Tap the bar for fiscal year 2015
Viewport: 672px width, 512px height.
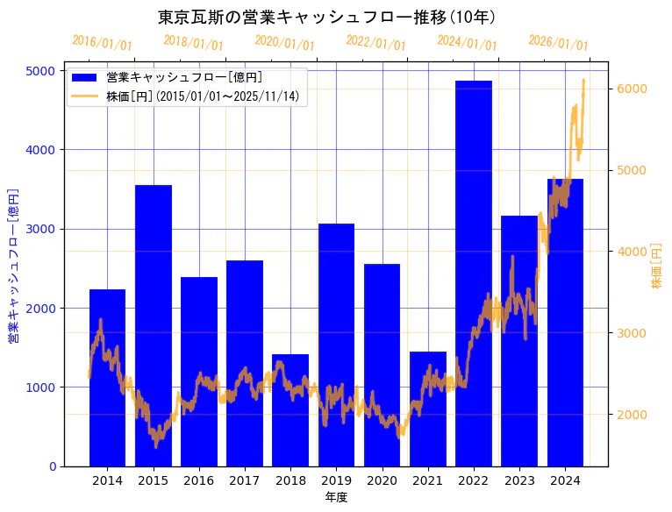tap(154, 325)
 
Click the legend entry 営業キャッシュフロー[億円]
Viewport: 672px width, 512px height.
tap(183, 77)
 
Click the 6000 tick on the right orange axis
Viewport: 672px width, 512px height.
tap(633, 89)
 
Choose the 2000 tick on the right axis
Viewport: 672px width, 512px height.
tap(633, 415)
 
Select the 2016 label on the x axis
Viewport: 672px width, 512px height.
tap(199, 480)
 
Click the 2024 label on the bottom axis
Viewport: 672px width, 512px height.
tap(565, 480)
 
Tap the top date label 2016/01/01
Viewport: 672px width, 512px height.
tap(103, 43)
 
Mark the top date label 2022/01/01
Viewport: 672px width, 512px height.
tap(376, 43)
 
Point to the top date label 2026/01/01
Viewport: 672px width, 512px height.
tap(559, 43)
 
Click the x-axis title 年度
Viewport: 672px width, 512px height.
tap(336, 498)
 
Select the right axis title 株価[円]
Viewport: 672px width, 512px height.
tap(658, 267)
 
